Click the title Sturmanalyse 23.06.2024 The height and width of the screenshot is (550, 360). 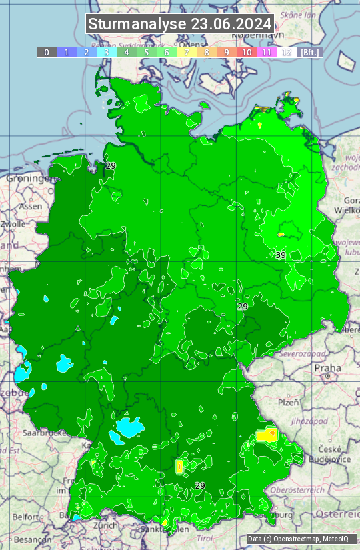tap(180, 24)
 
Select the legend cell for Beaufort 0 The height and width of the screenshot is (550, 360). tap(46, 52)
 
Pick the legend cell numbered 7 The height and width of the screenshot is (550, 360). tap(187, 52)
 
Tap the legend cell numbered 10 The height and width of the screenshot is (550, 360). tap(247, 52)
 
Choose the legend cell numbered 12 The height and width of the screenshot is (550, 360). tap(287, 52)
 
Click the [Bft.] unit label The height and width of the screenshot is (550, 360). tap(310, 52)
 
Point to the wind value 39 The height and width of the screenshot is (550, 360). tap(281, 255)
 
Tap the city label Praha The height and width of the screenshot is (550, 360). tap(327, 368)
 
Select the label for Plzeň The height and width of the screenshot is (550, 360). tap(288, 403)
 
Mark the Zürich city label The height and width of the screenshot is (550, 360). tap(106, 525)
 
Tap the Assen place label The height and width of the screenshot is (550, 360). tap(30, 207)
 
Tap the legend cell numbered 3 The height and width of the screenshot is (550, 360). tap(106, 52)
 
